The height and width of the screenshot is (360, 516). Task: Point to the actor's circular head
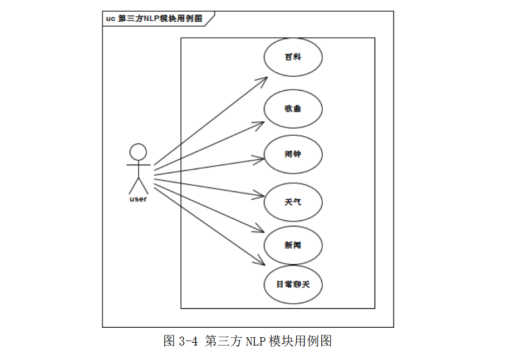pos(138,152)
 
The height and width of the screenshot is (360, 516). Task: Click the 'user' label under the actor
pos(138,199)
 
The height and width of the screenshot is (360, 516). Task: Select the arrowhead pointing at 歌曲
pos(261,124)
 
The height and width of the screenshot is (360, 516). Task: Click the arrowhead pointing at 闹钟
pos(261,160)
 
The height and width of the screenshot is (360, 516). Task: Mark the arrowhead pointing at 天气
pos(260,195)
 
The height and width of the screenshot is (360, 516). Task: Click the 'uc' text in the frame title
pos(110,18)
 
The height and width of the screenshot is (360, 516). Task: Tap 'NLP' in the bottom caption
pos(255,341)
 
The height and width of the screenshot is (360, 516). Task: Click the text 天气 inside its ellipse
pos(293,201)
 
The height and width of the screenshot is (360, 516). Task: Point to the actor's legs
pos(138,185)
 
